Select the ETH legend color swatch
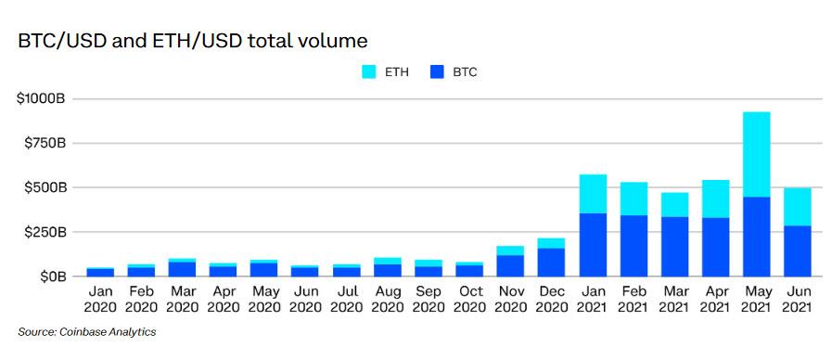(367, 71)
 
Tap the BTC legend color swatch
(437, 71)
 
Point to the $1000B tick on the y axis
(41, 98)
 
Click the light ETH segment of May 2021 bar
(756, 154)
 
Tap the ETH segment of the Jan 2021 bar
(593, 194)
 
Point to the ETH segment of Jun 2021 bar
(797, 207)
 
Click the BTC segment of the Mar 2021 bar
(674, 246)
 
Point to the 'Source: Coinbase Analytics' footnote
(87, 332)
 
